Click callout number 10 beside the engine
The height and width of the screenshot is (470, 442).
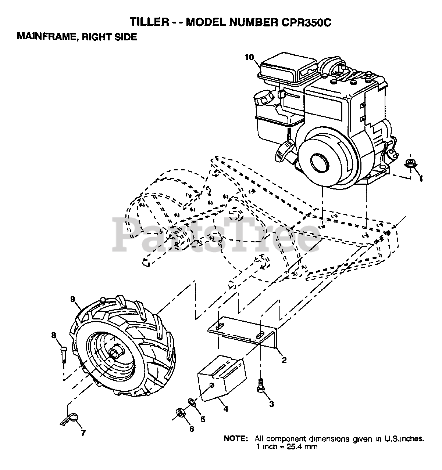[249, 57]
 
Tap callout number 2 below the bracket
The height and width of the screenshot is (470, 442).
[284, 360]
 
